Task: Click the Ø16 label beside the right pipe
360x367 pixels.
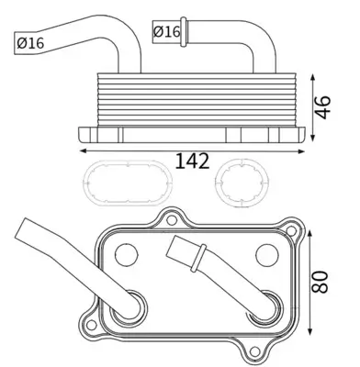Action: pyautogui.click(x=166, y=32)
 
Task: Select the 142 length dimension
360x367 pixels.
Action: pyautogui.click(x=191, y=161)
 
